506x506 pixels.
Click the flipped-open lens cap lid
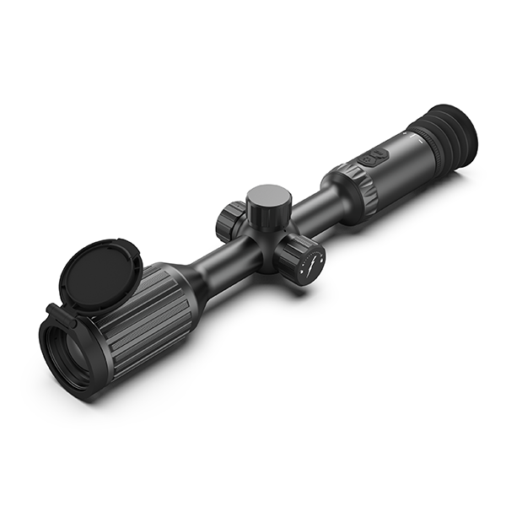point(93,275)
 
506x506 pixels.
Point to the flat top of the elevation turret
point(269,197)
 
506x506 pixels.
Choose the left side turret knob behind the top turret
point(229,220)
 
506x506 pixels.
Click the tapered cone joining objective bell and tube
point(190,287)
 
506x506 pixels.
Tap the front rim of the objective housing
point(52,358)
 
